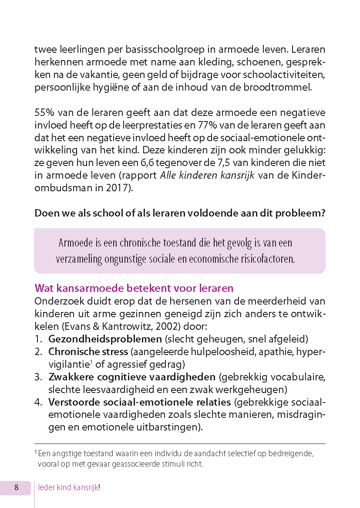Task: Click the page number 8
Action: (17, 488)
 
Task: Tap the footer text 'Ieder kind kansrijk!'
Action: (69, 488)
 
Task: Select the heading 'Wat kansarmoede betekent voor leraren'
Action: (134, 288)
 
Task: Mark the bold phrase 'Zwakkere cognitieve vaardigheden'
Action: (132, 376)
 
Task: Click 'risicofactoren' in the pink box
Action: (267, 259)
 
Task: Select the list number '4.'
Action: (39, 402)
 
